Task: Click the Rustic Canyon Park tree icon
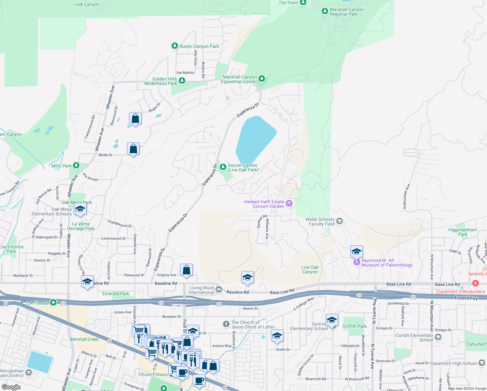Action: [x=175, y=46]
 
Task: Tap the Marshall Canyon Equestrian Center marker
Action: [x=262, y=79]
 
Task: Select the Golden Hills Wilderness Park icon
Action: [x=182, y=80]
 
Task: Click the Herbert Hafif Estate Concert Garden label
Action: [x=264, y=204]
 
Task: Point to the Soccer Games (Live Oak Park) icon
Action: [x=223, y=167]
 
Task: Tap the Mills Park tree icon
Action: [x=76, y=166]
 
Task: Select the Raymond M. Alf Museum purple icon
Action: [x=357, y=262]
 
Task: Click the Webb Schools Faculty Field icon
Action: [x=340, y=222]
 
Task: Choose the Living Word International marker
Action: [x=219, y=290]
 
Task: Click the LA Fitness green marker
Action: [x=53, y=303]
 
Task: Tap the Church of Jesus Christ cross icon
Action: [x=226, y=324]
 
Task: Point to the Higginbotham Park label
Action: [x=462, y=232]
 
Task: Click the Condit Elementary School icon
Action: [x=438, y=337]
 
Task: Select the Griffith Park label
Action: [x=355, y=326]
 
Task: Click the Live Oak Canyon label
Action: [x=310, y=269]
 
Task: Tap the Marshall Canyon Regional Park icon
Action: [x=325, y=11]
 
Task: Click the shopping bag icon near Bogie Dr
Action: [x=135, y=119]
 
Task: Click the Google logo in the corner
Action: [x=11, y=387]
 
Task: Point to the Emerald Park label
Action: [x=116, y=294]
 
